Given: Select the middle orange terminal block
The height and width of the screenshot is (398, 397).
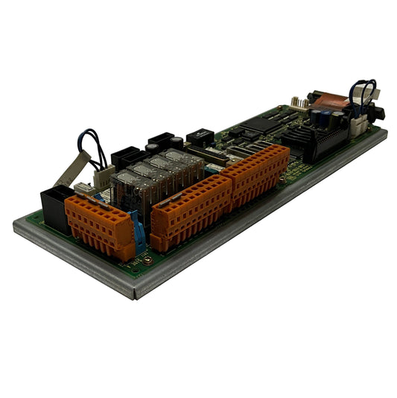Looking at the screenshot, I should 190,208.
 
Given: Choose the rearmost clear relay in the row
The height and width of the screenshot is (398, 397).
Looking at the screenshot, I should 179,161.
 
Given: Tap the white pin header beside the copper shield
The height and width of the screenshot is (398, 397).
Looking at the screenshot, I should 299,104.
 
